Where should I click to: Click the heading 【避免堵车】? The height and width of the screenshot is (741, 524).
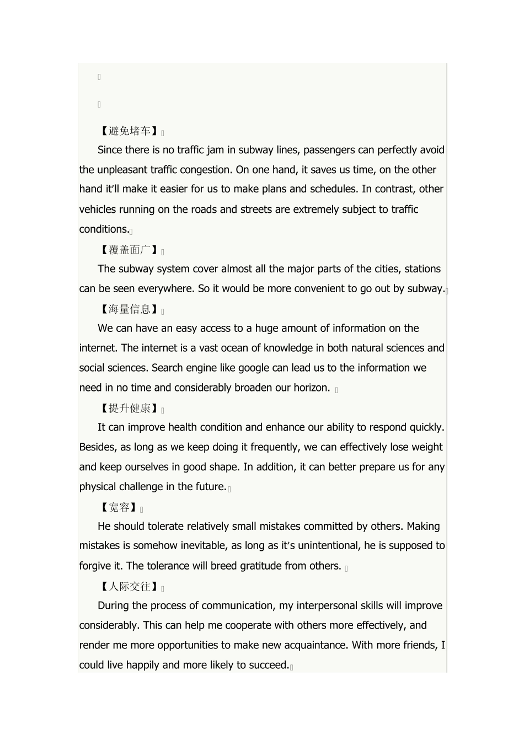click(129, 131)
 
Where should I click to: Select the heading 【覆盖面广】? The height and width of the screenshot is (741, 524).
click(129, 250)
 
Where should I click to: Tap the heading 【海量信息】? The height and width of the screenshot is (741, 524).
click(129, 309)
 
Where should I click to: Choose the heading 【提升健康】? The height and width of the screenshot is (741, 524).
click(129, 408)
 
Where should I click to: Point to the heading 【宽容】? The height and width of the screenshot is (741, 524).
click(119, 507)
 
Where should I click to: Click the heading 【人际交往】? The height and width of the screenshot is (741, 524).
click(129, 587)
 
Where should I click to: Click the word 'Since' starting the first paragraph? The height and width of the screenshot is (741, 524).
click(110, 150)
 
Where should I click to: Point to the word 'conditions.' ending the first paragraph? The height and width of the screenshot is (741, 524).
click(104, 229)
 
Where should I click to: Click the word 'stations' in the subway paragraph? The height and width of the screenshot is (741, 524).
click(423, 269)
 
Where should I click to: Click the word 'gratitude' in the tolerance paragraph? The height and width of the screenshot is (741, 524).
click(259, 566)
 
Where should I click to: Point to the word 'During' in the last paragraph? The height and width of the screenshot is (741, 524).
click(114, 606)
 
